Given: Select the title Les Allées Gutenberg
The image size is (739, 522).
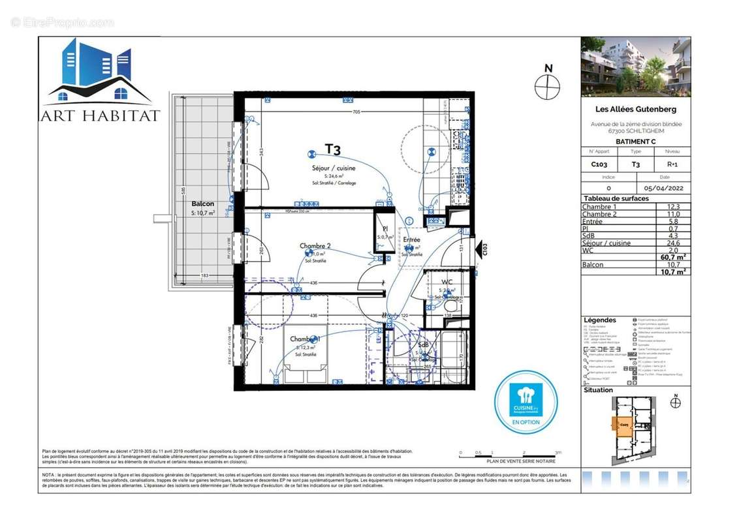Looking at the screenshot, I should click(635, 110).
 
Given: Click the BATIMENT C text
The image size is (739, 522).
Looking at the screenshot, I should click(635, 142).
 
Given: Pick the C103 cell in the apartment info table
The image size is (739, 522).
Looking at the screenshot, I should click(599, 165).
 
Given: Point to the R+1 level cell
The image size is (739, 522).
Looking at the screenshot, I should click(672, 165).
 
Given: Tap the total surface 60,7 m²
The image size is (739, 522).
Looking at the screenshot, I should click(672, 258).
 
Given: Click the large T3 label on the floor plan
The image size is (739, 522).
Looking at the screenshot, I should click(333, 150).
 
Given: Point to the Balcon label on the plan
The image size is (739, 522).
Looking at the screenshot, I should click(202, 204).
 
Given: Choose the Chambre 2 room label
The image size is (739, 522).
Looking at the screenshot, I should click(315, 246).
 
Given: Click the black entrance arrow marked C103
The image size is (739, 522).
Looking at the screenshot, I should click(482, 249).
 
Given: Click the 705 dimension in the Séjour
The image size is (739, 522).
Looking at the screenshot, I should click(356, 112).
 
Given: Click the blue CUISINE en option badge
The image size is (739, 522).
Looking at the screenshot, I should click(525, 400).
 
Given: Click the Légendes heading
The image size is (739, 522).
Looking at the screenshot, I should click(599, 320).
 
